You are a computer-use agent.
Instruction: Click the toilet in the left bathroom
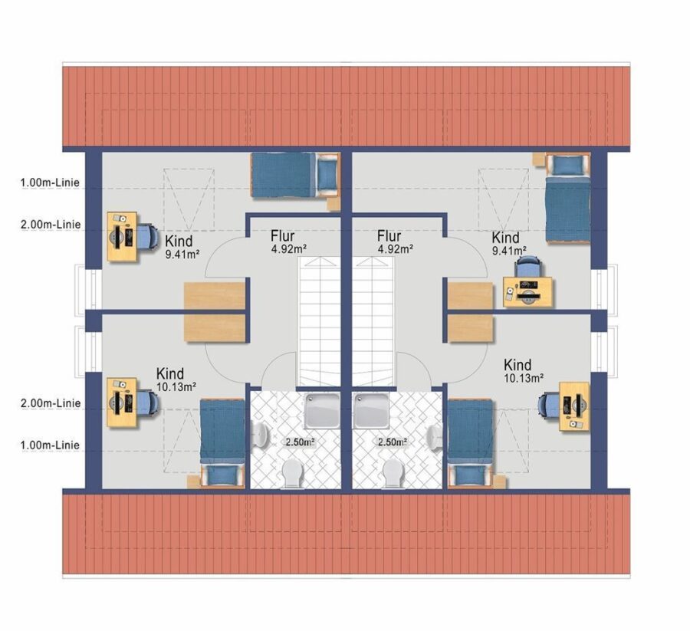click(x=292, y=474)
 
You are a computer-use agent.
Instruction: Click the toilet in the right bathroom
click(x=393, y=474)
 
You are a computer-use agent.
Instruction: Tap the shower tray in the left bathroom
click(x=322, y=410)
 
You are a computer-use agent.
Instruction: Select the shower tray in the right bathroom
click(x=371, y=410)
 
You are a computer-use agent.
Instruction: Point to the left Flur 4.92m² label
click(x=288, y=242)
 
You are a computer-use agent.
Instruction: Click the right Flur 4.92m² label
click(x=395, y=242)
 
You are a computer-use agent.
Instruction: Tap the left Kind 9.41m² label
click(x=182, y=247)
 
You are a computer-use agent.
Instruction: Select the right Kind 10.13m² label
click(x=523, y=371)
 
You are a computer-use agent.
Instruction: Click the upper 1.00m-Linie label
click(x=50, y=182)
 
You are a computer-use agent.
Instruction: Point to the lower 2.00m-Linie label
click(x=51, y=403)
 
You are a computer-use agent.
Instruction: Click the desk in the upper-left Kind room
click(x=122, y=236)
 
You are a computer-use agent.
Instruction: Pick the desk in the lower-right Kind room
click(x=573, y=406)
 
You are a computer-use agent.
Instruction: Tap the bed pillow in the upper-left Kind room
click(x=327, y=173)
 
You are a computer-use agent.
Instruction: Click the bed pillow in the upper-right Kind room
click(x=567, y=165)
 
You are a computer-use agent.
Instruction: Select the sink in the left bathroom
click(x=260, y=433)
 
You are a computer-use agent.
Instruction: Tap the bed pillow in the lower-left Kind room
click(x=223, y=475)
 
